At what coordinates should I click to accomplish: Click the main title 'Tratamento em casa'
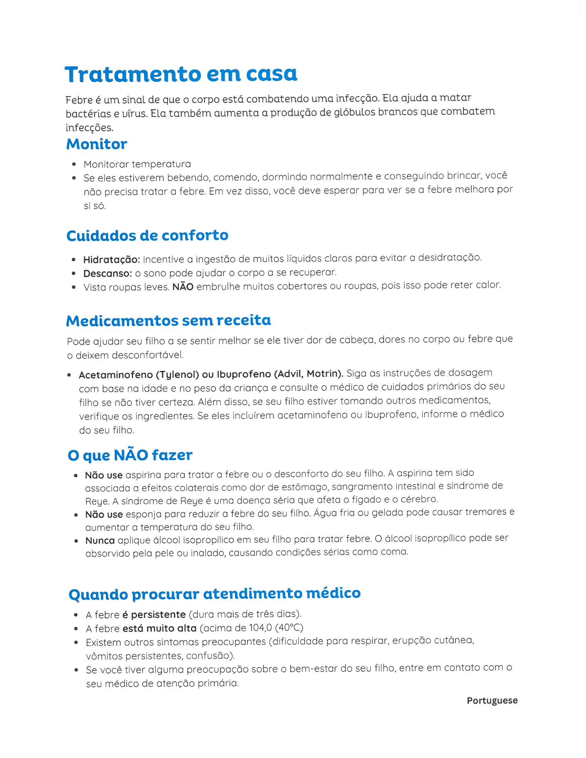click(181, 74)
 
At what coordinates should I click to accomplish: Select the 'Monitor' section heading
click(97, 144)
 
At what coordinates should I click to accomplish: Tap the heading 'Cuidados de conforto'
click(147, 236)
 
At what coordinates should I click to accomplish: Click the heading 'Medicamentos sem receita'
click(168, 320)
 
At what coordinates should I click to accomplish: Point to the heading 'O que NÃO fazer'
click(130, 455)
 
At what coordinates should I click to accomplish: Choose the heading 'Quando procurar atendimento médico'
click(214, 594)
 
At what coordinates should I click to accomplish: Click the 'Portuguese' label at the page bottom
click(492, 700)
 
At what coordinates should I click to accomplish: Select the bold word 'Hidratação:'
click(111, 259)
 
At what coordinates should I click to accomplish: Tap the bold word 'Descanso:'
click(108, 274)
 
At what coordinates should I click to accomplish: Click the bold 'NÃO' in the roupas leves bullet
click(183, 287)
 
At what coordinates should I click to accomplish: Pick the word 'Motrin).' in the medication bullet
click(325, 374)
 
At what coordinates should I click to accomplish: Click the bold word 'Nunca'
click(100, 541)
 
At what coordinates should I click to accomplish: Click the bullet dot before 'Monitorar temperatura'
click(74, 164)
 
